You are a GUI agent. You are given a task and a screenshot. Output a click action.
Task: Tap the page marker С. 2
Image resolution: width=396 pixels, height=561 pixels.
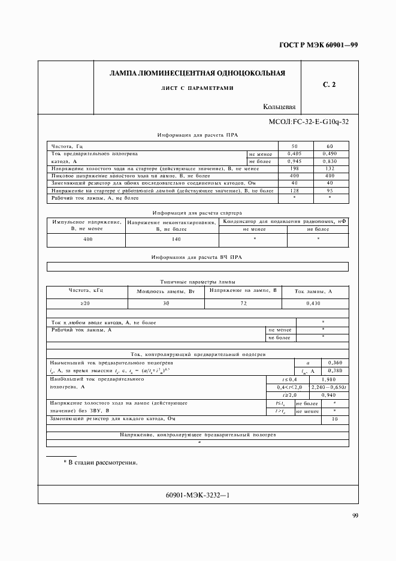pos(329,85)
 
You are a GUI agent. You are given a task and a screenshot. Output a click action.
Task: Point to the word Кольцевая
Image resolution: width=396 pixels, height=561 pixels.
pos(279,107)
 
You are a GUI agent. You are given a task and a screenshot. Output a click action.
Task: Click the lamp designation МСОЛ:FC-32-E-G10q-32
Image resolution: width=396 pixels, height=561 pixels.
pos(309,122)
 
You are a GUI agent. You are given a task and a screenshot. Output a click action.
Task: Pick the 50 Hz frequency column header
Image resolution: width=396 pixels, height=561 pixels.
pos(294,146)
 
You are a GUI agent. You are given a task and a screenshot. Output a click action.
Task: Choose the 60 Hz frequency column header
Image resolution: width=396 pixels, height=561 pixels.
pos(330,146)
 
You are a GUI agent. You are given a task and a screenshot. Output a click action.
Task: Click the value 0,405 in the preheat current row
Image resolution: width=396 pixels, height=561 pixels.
pos(294,154)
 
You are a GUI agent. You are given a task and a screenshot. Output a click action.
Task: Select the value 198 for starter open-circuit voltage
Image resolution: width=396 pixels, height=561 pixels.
pos(294,168)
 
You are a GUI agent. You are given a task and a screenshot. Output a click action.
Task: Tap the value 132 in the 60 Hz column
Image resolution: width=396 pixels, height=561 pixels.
pos(330,168)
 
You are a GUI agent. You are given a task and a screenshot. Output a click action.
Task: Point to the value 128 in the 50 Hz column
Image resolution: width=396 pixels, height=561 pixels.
pos(294,191)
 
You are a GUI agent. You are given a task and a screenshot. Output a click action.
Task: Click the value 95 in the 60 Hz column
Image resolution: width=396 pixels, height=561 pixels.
pos(330,191)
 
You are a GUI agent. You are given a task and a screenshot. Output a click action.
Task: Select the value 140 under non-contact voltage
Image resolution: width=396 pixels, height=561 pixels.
pos(172,239)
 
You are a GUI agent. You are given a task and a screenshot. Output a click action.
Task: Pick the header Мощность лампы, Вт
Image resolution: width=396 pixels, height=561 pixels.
pos(167,291)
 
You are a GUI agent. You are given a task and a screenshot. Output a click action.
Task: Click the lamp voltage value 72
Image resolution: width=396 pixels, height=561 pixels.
pos(243,304)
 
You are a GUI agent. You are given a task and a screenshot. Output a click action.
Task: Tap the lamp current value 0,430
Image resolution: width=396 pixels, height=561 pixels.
pos(313,304)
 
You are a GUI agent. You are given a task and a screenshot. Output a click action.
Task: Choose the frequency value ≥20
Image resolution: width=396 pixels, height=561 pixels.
pos(86,304)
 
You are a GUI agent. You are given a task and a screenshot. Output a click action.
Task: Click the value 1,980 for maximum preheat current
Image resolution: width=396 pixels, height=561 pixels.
pos(328,379)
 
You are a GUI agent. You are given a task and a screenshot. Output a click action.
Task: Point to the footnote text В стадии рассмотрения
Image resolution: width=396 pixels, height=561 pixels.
pos(101,463)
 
